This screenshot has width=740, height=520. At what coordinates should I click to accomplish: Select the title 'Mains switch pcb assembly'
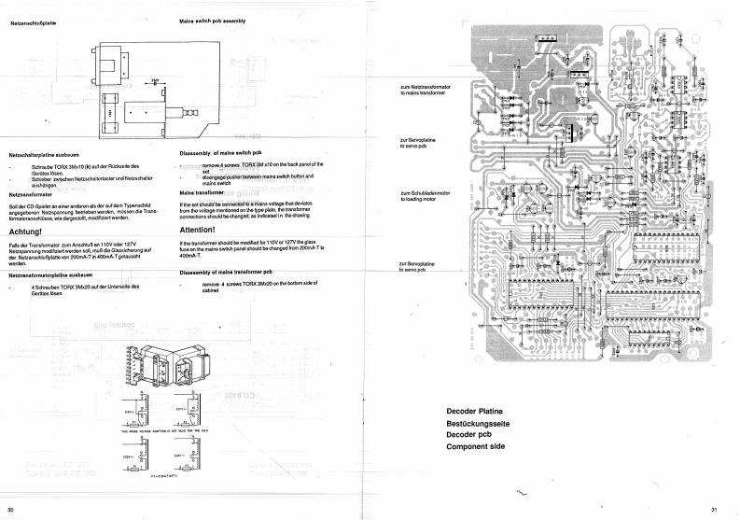click(x=212, y=21)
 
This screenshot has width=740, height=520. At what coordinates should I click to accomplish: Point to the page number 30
click(x=10, y=509)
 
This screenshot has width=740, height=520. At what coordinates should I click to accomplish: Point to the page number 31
click(x=713, y=509)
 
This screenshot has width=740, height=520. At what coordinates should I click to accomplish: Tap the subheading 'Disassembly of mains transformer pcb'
click(x=230, y=272)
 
